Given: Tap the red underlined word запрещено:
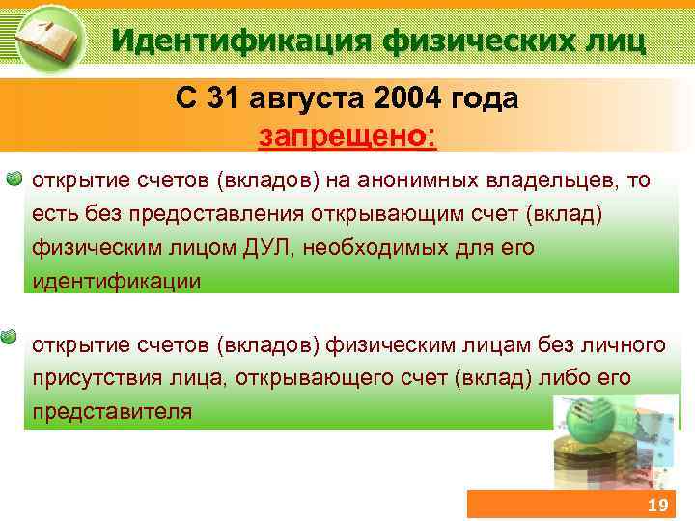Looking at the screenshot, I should [347, 135].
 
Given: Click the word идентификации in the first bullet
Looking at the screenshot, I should [117, 282].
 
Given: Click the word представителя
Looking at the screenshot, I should [112, 411].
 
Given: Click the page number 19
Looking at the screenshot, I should [657, 507].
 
